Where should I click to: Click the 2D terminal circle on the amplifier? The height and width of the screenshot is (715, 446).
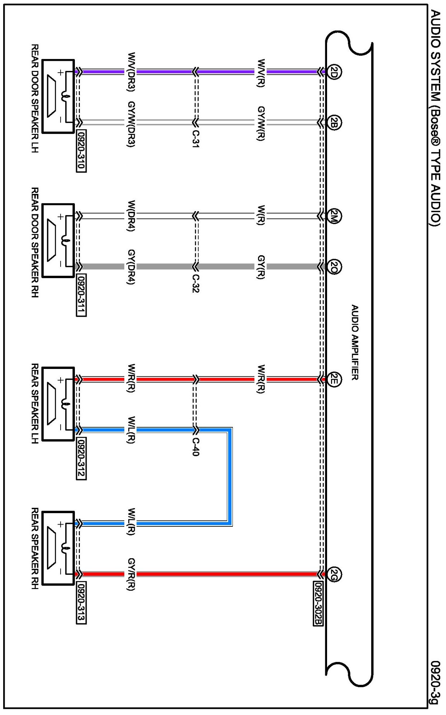[334, 73]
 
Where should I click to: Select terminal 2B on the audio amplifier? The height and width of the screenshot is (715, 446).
[334, 123]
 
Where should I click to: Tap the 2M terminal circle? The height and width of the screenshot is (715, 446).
[334, 217]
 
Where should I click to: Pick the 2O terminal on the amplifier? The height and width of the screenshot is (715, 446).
[334, 267]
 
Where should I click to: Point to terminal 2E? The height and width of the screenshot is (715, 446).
[334, 379]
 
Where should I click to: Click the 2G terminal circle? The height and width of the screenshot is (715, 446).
[334, 574]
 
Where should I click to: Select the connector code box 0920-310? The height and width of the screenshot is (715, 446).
[81, 152]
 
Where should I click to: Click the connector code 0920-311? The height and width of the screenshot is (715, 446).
[81, 296]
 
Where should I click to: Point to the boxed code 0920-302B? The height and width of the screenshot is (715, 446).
[318, 604]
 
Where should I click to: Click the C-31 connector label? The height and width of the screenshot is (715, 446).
[196, 138]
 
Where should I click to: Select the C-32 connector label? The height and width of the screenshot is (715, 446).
[196, 283]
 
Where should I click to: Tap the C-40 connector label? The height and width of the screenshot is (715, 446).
[196, 446]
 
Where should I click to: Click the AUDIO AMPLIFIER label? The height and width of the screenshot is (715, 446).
[355, 342]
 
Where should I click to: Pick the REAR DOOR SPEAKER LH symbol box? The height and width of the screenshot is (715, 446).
[58, 96]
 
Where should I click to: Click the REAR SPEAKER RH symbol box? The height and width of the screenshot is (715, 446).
[58, 548]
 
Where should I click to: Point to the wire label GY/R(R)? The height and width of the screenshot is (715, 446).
[131, 574]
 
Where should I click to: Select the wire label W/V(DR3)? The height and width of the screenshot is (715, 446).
[131, 73]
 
